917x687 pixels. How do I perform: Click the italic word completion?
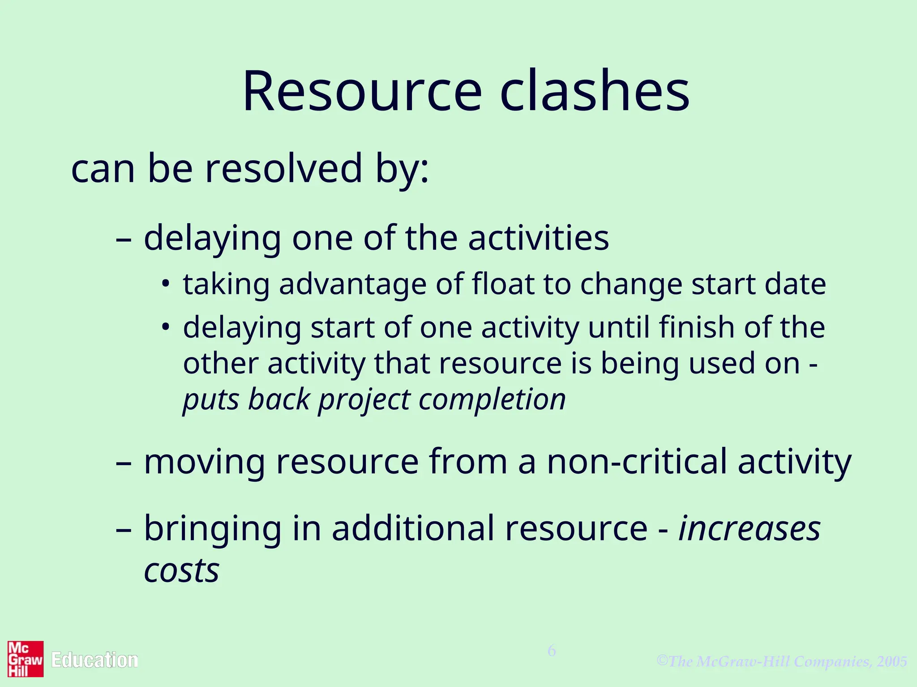coord(492,399)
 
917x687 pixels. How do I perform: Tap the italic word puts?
coord(211,400)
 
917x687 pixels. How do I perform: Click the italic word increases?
coord(750,529)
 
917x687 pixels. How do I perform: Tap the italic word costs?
coord(181,571)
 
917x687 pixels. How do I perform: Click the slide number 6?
coord(552,651)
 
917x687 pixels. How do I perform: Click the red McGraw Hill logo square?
coord(26,659)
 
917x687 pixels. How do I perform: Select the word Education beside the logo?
coord(94,660)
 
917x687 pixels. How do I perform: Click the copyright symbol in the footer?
coord(662,660)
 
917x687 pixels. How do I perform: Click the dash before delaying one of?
coord(123,239)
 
